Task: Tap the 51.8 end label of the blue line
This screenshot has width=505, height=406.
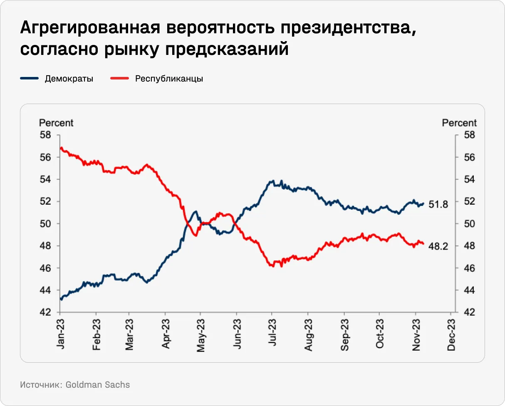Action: pyautogui.click(x=438, y=204)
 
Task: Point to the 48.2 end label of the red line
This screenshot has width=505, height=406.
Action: pyautogui.click(x=438, y=247)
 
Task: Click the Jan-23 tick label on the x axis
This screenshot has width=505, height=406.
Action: pyautogui.click(x=60, y=335)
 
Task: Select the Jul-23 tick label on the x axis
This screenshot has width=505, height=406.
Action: pyautogui.click(x=272, y=335)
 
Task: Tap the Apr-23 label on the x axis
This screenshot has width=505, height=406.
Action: pyautogui.click(x=166, y=335)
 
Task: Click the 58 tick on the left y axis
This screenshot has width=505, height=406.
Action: pyautogui.click(x=45, y=135)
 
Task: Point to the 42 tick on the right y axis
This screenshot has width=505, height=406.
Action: pyautogui.click(x=468, y=312)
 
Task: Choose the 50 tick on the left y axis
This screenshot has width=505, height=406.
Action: pyautogui.click(x=45, y=224)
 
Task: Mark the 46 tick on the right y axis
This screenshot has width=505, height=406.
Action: pyautogui.click(x=468, y=268)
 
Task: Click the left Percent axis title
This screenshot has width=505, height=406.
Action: pyautogui.click(x=56, y=123)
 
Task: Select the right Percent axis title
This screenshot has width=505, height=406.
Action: pyautogui.click(x=459, y=123)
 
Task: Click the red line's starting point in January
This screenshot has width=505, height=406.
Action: pyautogui.click(x=61, y=148)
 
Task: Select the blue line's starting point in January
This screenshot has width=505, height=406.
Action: pyautogui.click(x=61, y=299)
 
